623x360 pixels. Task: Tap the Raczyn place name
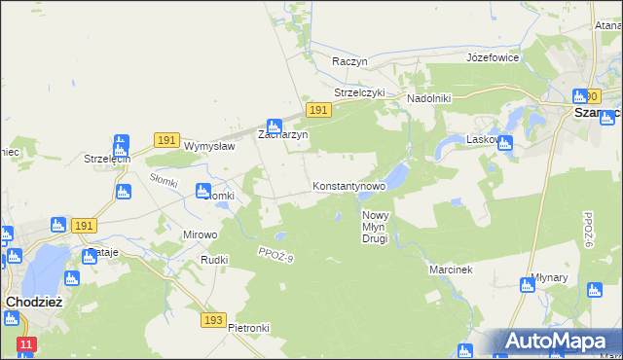[x=349, y=60]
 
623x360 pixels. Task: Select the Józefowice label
[x=493, y=57]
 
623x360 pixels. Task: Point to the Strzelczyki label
[x=360, y=93]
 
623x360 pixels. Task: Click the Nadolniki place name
[x=428, y=98]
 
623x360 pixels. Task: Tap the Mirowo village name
[x=201, y=234]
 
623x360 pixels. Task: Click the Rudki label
[x=213, y=260]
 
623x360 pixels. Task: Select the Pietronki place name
[x=248, y=328]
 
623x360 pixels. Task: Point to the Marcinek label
[x=450, y=269]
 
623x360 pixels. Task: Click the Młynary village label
[x=550, y=277]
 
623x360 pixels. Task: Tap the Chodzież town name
[x=34, y=302]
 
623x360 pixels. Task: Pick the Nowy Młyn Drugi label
[x=376, y=227]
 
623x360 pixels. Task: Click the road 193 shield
[x=215, y=320]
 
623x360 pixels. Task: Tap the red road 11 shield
[x=26, y=344]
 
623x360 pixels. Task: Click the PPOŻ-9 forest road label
[x=276, y=255]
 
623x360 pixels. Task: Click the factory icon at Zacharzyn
[x=275, y=126]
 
